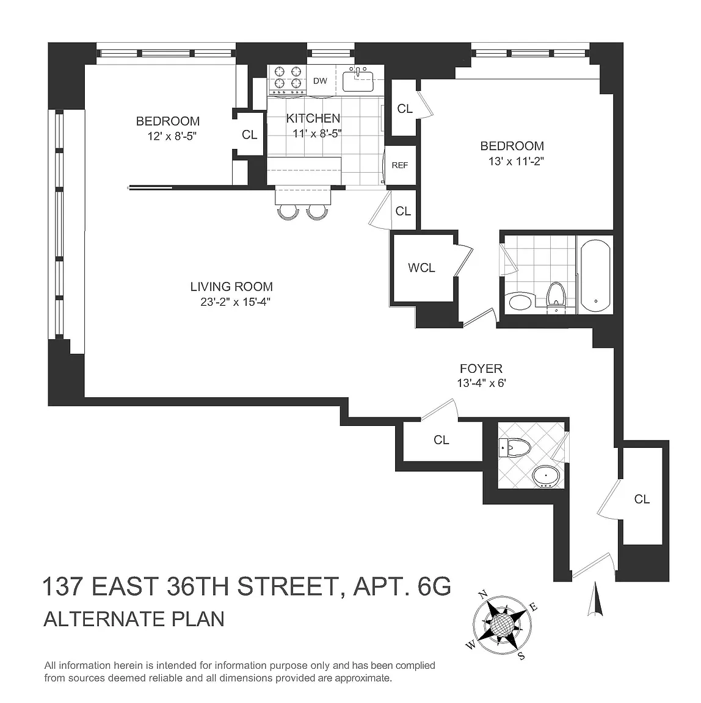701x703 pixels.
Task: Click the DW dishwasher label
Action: (x=320, y=81)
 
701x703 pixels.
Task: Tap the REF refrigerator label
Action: (x=400, y=165)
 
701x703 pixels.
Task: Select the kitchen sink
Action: (x=358, y=81)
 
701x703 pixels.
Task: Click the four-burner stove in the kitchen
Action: (x=288, y=80)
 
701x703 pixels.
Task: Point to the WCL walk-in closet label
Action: (x=421, y=268)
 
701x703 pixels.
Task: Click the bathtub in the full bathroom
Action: (x=595, y=275)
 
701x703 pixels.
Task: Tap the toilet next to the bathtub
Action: (x=556, y=296)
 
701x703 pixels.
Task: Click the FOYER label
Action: (x=481, y=369)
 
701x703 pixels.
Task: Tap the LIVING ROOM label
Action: (x=231, y=286)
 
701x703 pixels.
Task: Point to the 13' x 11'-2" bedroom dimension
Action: (x=516, y=161)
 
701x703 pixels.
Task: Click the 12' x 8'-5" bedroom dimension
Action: (x=172, y=136)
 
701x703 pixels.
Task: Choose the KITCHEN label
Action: (x=313, y=118)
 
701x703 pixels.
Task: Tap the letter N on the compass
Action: (x=483, y=595)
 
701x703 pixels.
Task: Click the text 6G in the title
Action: (x=434, y=586)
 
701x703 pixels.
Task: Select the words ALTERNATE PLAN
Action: (x=134, y=619)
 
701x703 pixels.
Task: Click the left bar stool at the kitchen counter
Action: (x=288, y=212)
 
